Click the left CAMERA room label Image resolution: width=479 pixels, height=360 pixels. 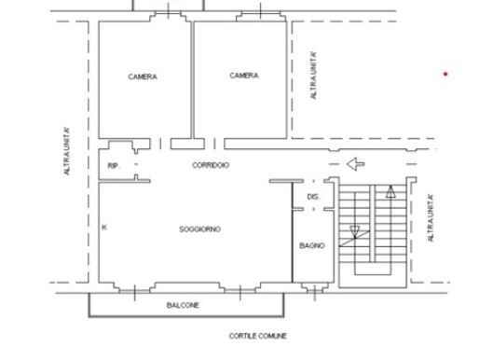click(x=143, y=76)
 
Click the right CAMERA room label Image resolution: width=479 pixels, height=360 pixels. click(x=244, y=76)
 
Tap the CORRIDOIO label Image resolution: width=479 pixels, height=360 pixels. click(x=211, y=165)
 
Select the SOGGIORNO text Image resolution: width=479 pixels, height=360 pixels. click(x=199, y=228)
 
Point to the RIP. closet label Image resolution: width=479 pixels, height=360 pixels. click(x=114, y=165)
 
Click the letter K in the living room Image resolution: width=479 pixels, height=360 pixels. click(x=103, y=227)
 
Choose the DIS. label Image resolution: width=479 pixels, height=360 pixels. click(x=313, y=197)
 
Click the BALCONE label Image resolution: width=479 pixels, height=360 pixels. click(x=183, y=305)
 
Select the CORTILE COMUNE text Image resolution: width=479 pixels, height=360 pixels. click(x=258, y=336)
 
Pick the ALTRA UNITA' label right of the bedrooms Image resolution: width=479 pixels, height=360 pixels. click(x=314, y=76)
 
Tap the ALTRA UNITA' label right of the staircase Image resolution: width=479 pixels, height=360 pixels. click(x=430, y=218)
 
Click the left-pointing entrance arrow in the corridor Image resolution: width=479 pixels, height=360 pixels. click(x=354, y=165)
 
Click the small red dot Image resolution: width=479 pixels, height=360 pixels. click(x=445, y=74)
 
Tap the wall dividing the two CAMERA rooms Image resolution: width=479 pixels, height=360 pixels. click(x=193, y=79)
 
